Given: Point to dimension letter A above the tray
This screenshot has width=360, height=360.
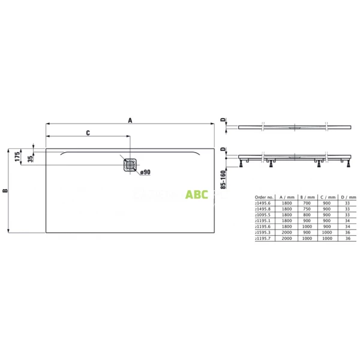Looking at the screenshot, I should point(130,120).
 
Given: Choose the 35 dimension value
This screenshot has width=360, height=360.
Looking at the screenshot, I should point(31,160).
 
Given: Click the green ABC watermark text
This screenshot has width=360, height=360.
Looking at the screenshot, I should point(196,194).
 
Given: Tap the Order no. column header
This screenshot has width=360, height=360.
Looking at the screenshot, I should point(265,196).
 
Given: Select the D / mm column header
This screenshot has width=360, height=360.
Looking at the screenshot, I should point(347,196).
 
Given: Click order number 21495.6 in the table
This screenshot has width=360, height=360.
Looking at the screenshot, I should point(265,203).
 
